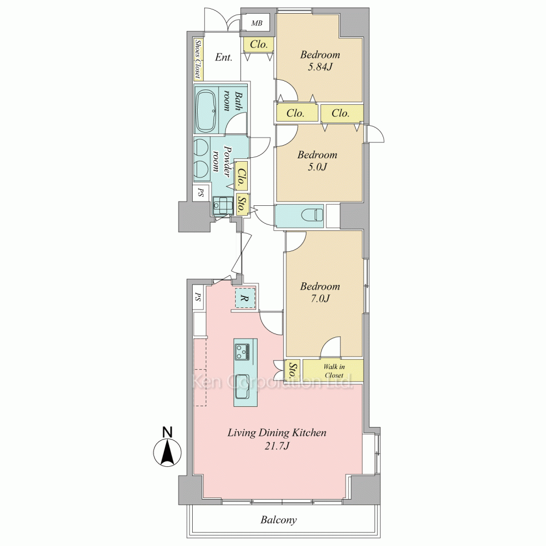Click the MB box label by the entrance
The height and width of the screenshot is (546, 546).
(x=257, y=23)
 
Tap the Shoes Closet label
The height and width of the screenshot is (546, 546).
(x=198, y=59)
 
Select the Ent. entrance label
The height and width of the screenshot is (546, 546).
(x=223, y=57)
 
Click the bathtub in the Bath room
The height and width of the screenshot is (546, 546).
(x=206, y=111)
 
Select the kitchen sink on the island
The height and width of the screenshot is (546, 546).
(x=243, y=387)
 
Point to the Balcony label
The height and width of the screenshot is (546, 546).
(x=278, y=520)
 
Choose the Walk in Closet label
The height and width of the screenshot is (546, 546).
(x=333, y=371)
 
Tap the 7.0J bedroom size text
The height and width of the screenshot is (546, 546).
(x=320, y=299)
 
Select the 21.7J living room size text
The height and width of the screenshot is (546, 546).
(x=277, y=447)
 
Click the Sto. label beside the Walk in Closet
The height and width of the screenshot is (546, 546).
(x=293, y=371)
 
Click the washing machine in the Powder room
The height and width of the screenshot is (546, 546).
(x=222, y=206)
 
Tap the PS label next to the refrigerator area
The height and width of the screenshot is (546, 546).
(x=198, y=298)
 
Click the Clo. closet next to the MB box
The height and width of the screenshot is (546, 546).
(x=259, y=44)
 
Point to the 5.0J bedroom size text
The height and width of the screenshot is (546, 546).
(x=317, y=167)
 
